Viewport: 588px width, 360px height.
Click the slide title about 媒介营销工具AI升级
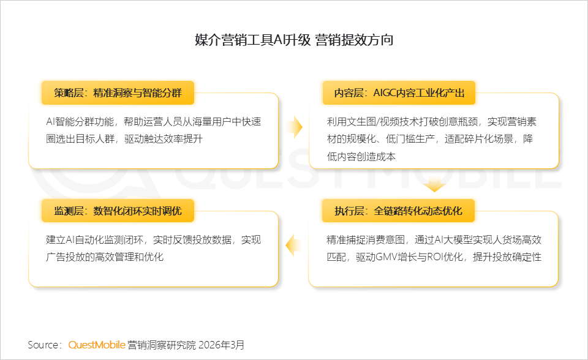click(294, 41)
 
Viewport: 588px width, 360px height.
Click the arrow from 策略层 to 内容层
click(295, 127)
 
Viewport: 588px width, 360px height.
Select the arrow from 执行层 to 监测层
click(295, 246)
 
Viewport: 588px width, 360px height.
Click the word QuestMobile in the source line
click(97, 345)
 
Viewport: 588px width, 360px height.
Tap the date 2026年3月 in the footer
click(222, 345)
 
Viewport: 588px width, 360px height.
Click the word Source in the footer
click(42, 345)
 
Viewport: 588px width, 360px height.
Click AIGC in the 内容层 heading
click(386, 93)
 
